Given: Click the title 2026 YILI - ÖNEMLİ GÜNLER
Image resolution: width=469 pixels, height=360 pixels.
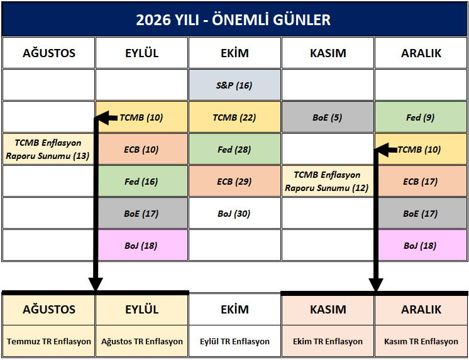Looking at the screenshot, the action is (x=233, y=19).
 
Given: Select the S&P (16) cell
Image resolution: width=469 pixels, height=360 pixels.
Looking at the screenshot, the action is (x=234, y=85).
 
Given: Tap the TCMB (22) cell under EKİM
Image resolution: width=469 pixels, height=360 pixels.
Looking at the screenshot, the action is (x=234, y=117).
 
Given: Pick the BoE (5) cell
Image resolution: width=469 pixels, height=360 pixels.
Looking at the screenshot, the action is (x=328, y=117).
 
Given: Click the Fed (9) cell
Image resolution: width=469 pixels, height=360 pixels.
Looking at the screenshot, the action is (x=421, y=117).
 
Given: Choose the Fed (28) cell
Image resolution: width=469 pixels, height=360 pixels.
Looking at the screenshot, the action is (x=234, y=149).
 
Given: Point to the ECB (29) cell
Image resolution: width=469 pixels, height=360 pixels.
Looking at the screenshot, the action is (x=234, y=181).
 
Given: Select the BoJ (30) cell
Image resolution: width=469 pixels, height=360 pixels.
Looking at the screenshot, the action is (x=234, y=214).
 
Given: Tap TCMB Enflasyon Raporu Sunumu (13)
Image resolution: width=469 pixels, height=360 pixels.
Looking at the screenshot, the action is (x=48, y=149).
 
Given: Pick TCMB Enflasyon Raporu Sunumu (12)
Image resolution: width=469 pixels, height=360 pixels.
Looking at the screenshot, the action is (x=328, y=181).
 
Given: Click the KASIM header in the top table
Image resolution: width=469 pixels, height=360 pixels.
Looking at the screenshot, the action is (x=328, y=53).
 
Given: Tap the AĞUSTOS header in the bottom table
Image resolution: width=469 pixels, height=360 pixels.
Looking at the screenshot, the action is (x=48, y=310).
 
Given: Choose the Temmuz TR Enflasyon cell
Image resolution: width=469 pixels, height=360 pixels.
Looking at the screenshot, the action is (x=48, y=341).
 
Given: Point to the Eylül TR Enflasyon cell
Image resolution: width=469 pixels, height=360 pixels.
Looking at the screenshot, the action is (x=234, y=341).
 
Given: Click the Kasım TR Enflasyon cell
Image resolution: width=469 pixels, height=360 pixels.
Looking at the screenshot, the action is (x=421, y=341).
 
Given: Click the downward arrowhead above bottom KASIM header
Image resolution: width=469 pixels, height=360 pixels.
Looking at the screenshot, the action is (x=376, y=284).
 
